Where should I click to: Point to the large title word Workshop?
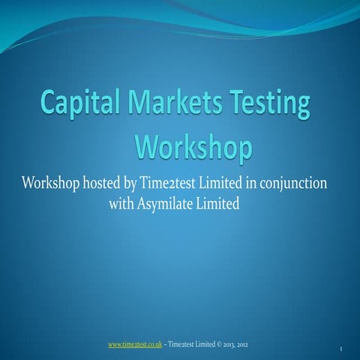click(x=193, y=146)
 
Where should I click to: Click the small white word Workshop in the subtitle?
click(x=55, y=184)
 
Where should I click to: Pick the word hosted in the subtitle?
click(x=112, y=184)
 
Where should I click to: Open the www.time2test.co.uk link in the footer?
click(x=136, y=344)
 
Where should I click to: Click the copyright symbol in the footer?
click(x=218, y=344)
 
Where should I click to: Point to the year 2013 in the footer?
click(x=229, y=344)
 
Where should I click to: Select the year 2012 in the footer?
click(x=244, y=344)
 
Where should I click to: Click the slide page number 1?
click(x=341, y=349)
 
